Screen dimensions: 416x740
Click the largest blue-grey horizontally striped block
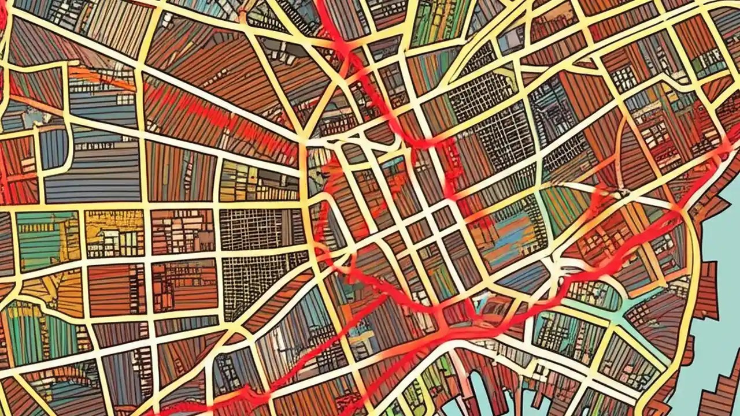point(92,173)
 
